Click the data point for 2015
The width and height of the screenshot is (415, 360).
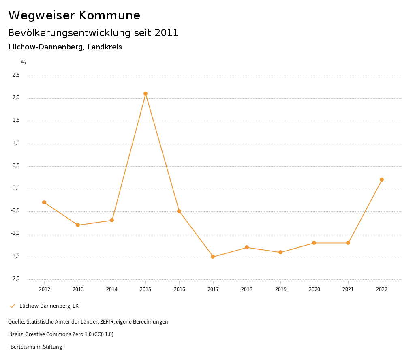point(145,94)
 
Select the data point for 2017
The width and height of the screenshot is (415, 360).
point(213,257)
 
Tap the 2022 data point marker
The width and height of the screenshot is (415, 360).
point(382,180)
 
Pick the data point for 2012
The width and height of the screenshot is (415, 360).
point(44,202)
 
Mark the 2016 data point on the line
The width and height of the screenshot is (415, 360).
point(179,211)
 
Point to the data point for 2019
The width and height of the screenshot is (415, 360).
point(280,252)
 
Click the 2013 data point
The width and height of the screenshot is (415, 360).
point(78,225)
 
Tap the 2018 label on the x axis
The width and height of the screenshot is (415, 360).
point(247,289)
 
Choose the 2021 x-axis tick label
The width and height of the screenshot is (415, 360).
point(348,289)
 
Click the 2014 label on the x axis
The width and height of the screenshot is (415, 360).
point(112,289)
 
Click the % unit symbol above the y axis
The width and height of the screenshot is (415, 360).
point(24,63)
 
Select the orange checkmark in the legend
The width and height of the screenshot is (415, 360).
point(12,306)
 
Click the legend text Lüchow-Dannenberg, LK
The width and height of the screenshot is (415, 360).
point(49,306)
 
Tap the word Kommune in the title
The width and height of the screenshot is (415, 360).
point(109,15)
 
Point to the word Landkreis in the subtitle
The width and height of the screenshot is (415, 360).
point(105,47)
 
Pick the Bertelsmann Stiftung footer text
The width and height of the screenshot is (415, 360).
point(36,347)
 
